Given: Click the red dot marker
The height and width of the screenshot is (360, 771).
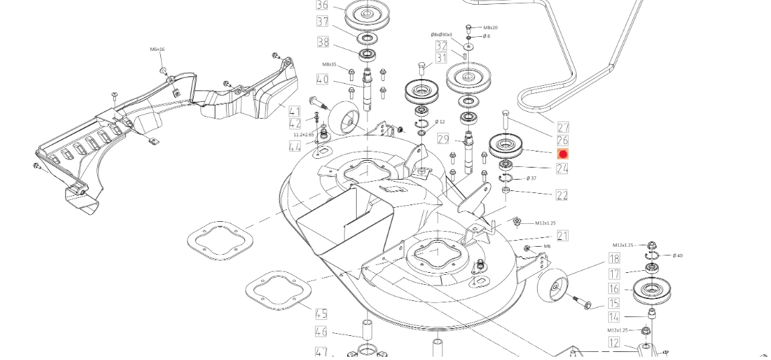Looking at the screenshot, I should pyautogui.click(x=563, y=154).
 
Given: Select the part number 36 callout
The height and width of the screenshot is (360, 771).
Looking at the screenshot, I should pyautogui.click(x=322, y=5).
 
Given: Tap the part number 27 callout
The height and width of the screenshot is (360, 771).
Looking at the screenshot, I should pyautogui.click(x=563, y=127).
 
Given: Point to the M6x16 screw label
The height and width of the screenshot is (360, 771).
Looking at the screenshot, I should pyautogui.click(x=158, y=50).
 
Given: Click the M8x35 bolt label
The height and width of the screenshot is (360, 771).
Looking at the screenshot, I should pyautogui.click(x=329, y=64).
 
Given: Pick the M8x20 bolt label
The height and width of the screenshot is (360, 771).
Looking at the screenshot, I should pyautogui.click(x=490, y=27).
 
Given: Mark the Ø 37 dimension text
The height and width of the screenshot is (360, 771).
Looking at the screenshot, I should pyautogui.click(x=531, y=178).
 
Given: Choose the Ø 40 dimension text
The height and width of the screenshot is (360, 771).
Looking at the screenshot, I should pyautogui.click(x=677, y=255).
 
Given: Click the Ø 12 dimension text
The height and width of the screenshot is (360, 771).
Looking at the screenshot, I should pyautogui.click(x=440, y=122).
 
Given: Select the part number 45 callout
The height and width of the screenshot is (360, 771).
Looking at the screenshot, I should pyautogui.click(x=321, y=314).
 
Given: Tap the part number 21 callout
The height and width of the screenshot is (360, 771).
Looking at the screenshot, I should pyautogui.click(x=562, y=235).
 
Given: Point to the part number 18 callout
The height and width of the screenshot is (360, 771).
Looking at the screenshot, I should pyautogui.click(x=614, y=259).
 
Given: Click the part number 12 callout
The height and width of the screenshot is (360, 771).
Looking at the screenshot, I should pyautogui.click(x=614, y=343).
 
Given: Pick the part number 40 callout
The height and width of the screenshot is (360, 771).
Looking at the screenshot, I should pyautogui.click(x=322, y=79).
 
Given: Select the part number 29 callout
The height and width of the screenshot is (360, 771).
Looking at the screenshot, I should pyautogui.click(x=442, y=139).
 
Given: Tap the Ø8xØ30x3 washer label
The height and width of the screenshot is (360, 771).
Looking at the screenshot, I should pyautogui.click(x=441, y=35).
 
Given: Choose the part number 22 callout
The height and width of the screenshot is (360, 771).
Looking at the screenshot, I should pyautogui.click(x=562, y=195).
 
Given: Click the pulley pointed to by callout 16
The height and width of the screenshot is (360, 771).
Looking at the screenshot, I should pyautogui.click(x=652, y=292).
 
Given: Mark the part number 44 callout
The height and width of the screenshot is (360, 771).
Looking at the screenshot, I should pyautogui.click(x=295, y=146).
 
